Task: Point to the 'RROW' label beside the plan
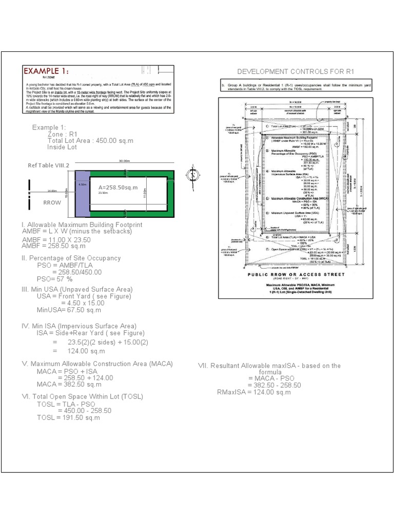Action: (52, 202)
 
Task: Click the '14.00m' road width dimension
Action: (52, 191)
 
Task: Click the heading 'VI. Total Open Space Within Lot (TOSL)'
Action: (82, 397)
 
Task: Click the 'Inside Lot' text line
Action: (62, 147)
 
